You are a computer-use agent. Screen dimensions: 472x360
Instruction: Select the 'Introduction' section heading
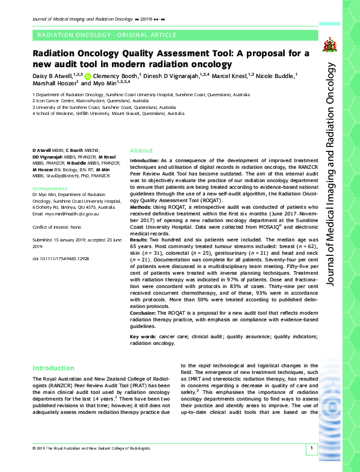pyautogui.click(x=54, y=368)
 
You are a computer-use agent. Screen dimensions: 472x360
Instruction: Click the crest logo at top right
pyautogui.click(x=329, y=44)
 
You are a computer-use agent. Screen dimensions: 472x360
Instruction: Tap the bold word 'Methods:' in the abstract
pyautogui.click(x=143, y=206)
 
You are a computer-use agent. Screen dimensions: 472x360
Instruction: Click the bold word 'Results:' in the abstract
pyautogui.click(x=142, y=241)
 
